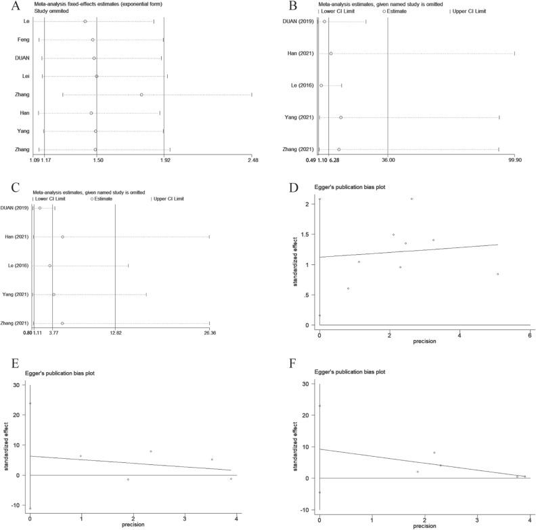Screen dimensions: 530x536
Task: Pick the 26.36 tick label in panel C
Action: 210,333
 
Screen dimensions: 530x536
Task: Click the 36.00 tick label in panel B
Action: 388,161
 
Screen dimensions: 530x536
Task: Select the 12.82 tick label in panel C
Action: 116,333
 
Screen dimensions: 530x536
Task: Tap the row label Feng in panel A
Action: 22,40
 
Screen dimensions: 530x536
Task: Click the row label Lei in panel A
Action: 24,77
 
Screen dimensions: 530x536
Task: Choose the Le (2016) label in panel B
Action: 302,85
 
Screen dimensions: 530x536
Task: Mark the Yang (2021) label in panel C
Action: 15,295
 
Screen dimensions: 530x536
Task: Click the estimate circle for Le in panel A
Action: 85,22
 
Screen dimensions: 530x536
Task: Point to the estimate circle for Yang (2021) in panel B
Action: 341,117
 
